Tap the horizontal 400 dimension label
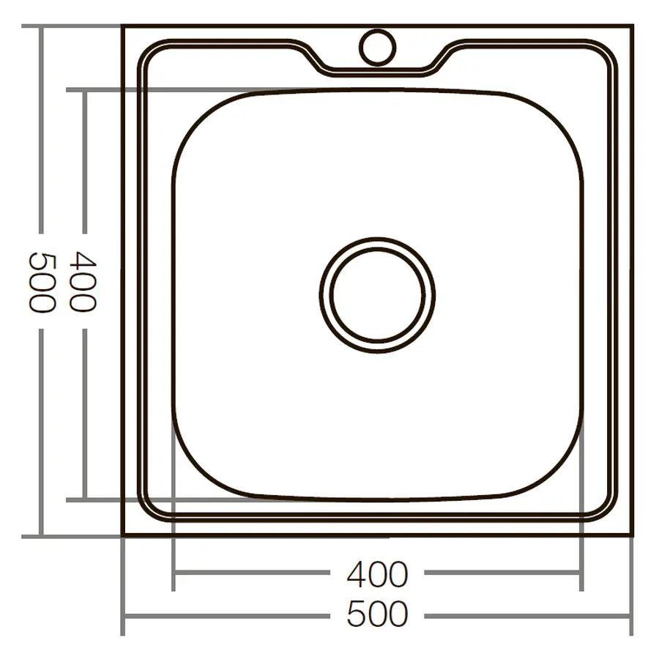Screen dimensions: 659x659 click(377, 574)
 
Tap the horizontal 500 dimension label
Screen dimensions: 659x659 click(377, 614)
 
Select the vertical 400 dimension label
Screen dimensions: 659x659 click(82, 282)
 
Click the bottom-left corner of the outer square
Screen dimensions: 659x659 click(122, 536)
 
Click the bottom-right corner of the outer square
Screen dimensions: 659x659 click(631, 536)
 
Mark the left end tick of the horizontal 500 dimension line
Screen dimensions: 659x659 click(122, 616)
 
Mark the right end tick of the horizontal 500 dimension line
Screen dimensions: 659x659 click(630, 616)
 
